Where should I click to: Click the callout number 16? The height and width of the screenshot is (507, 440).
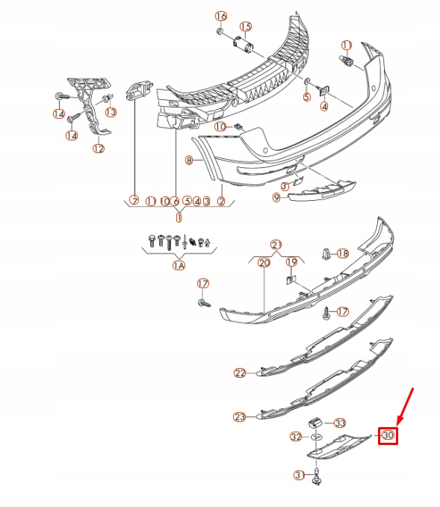point(220,16)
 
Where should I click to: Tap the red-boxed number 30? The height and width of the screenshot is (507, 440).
point(388,435)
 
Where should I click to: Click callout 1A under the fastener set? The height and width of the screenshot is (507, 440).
point(179,265)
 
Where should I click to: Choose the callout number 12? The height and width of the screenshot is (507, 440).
point(99,149)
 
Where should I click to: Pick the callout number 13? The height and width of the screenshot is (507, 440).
point(111,112)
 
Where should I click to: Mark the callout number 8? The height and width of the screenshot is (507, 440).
point(189,160)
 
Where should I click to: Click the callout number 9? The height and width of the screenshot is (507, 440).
point(276,197)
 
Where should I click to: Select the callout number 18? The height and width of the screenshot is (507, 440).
point(343,254)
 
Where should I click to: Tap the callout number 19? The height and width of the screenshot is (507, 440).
point(292,262)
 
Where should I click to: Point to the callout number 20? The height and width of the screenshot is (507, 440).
point(264,262)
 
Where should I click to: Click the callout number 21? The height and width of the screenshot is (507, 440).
point(276,245)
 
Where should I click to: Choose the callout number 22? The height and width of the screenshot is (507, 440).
point(240,373)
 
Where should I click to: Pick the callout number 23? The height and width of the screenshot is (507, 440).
point(240,417)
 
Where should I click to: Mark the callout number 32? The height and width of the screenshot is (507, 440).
point(296,436)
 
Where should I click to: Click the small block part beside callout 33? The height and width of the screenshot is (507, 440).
point(317,422)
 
